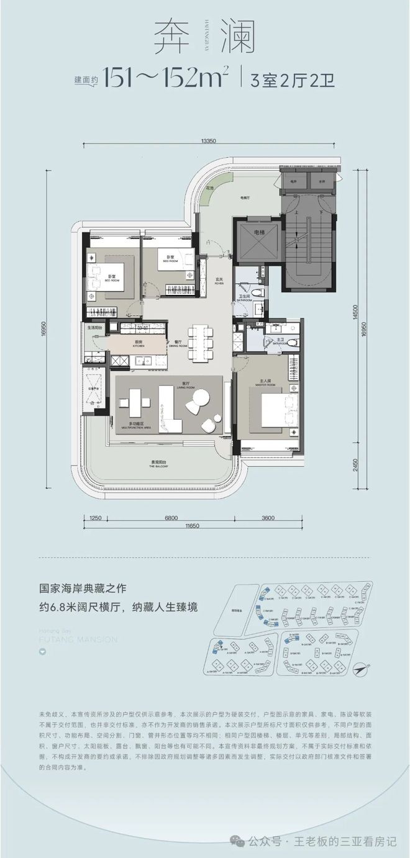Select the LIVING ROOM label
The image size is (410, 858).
[x=166, y=386]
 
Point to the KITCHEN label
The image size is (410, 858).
[x=137, y=345]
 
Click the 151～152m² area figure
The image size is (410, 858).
[x=166, y=79]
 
